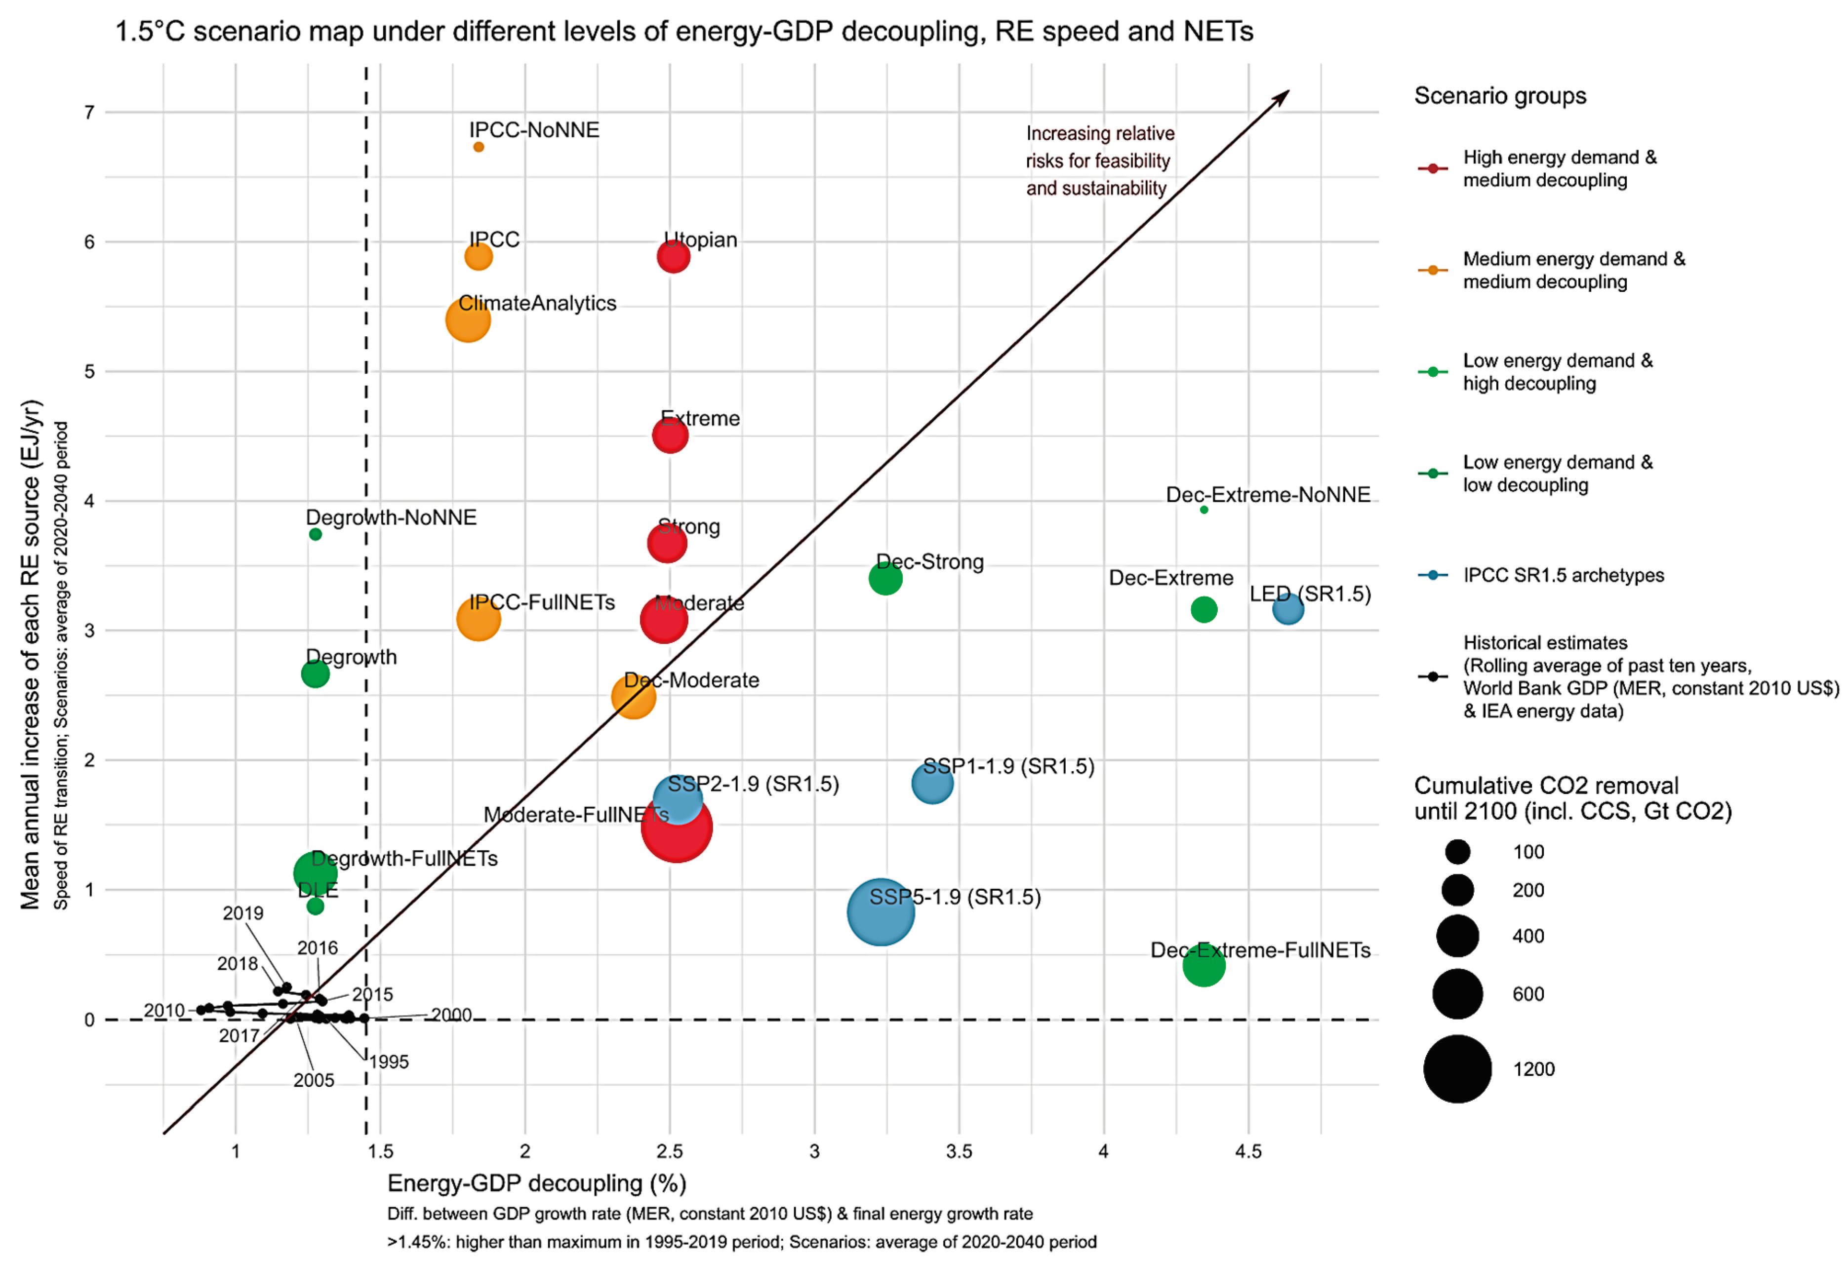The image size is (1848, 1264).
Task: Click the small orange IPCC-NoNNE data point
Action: (478, 147)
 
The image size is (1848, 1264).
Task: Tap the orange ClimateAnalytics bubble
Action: (468, 319)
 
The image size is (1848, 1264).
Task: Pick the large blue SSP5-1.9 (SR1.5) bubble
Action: (880, 912)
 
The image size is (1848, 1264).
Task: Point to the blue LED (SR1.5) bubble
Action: (1287, 610)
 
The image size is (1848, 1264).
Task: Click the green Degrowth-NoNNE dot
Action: (315, 534)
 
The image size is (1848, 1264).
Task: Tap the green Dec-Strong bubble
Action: (885, 578)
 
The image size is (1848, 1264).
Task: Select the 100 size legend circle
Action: (1457, 852)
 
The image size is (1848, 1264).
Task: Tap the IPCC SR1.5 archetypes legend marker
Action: (1432, 575)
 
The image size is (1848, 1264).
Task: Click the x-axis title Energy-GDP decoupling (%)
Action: (537, 1184)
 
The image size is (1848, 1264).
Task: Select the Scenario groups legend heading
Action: (1500, 96)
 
